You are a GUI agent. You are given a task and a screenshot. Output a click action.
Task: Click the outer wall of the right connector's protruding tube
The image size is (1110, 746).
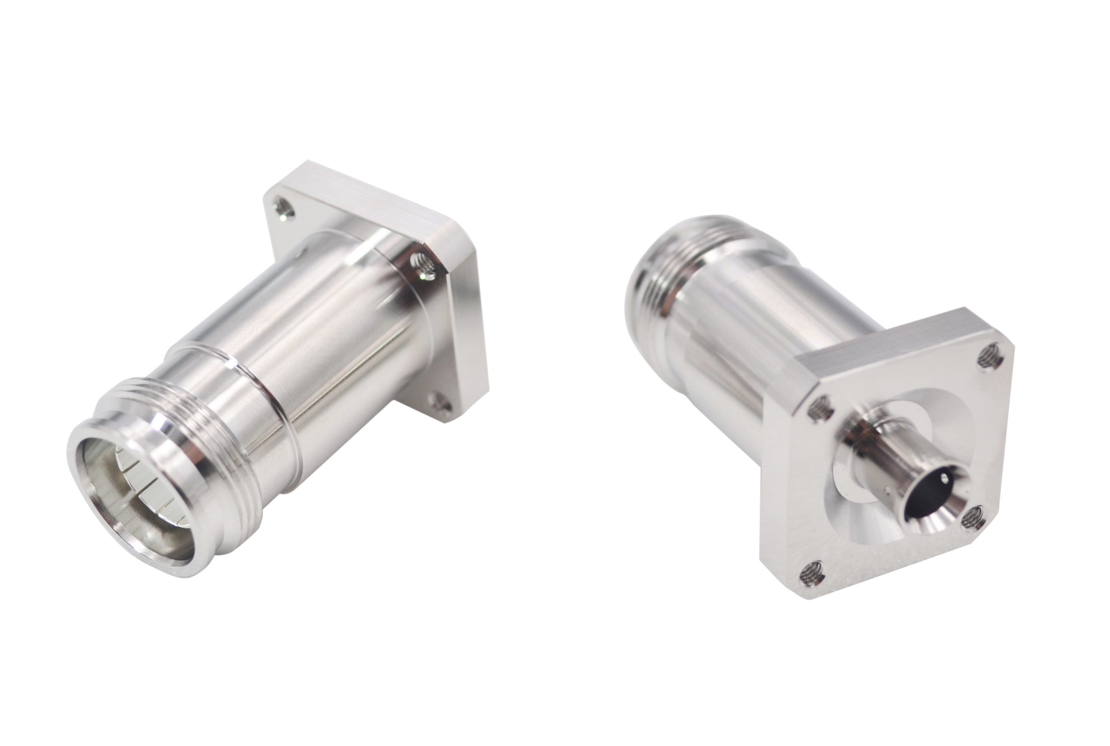tap(880, 457)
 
